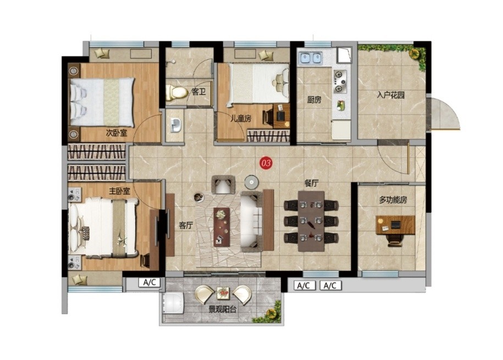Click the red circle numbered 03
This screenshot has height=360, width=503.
point(266,163)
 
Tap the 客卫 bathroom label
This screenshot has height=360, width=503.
point(198,92)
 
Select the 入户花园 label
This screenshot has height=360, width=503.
point(390,95)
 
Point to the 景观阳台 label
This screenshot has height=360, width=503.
point(223,309)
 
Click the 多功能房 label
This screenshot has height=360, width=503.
point(393,200)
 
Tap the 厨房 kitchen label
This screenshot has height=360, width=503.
point(314,100)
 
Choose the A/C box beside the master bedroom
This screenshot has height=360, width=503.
point(149,283)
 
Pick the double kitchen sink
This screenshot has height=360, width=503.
point(310,58)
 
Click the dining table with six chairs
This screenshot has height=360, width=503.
point(311,221)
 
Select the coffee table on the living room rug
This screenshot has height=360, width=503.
point(222,227)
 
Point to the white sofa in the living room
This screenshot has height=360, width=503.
point(252,221)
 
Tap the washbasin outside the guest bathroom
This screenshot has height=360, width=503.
point(175,125)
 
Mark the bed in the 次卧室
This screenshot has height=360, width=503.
point(102,102)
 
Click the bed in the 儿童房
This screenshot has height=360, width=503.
point(258,84)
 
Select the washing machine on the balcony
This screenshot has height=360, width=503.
point(173,304)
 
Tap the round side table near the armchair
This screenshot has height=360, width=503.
point(252,182)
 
